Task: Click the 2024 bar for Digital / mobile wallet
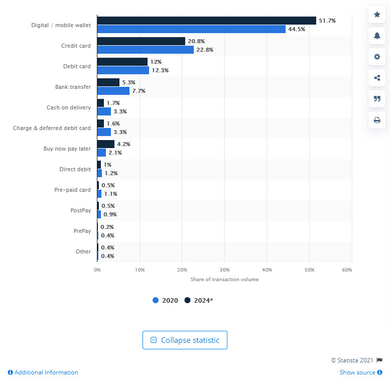click(206, 21)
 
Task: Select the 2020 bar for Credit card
click(145, 50)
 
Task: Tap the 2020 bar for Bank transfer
click(113, 91)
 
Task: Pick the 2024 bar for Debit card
click(122, 62)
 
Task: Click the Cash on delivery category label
click(68, 107)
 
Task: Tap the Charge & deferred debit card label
click(52, 128)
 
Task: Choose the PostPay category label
click(80, 210)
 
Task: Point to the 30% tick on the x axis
click(224, 270)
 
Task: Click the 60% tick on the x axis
click(347, 270)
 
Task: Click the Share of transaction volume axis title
click(224, 279)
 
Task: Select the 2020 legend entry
click(165, 300)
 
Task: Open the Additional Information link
click(43, 372)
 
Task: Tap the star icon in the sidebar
click(376, 15)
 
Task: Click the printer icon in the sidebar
click(376, 120)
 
